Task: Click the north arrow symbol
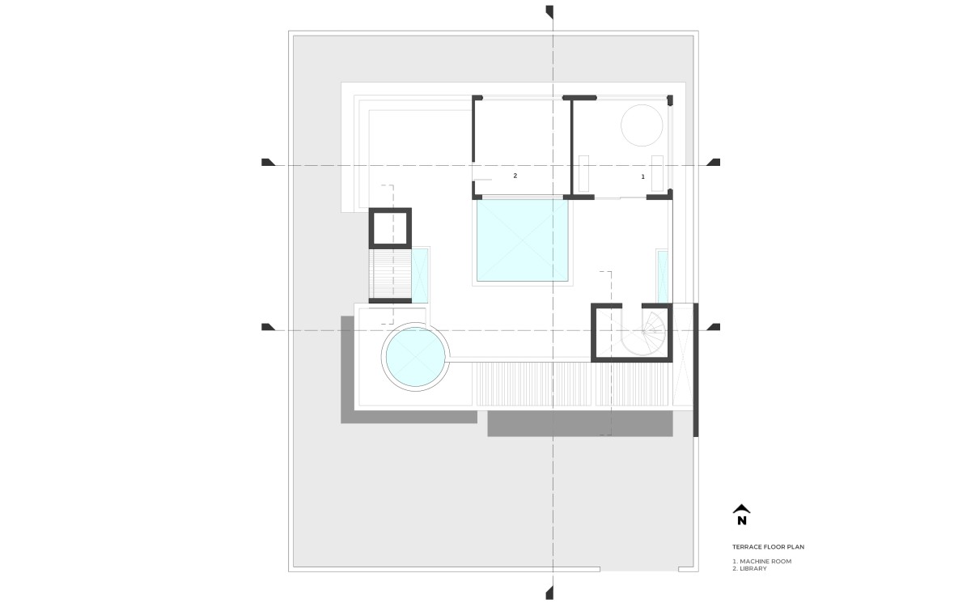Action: pos(742,515)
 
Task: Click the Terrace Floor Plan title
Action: pos(768,547)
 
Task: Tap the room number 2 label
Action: pos(515,176)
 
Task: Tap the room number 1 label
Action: pos(642,176)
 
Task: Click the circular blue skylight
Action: pos(415,357)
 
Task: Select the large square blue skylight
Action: pos(523,240)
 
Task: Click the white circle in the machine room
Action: pos(642,125)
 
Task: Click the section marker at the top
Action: pos(549,13)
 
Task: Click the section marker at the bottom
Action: pos(549,592)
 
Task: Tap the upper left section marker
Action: pos(269,162)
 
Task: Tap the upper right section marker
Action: pos(713,162)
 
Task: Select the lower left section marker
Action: pos(269,327)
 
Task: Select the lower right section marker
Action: pos(713,327)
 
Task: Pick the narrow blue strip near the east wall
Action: pos(663,277)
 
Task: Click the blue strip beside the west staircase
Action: pos(420,275)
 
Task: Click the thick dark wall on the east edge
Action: pos(696,370)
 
